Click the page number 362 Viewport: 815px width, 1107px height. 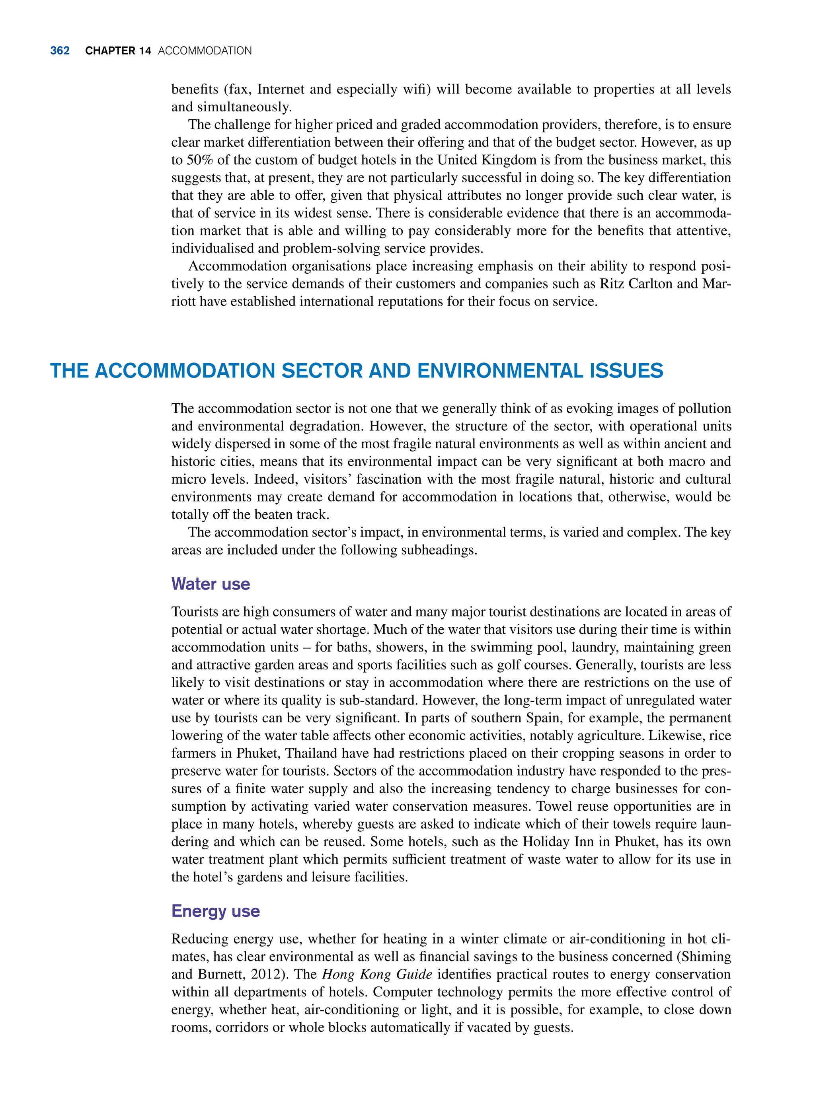pos(60,51)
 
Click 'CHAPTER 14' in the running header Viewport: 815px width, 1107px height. pos(118,51)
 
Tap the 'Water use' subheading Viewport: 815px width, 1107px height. pos(211,584)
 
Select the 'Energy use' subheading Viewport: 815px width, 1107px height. pos(216,911)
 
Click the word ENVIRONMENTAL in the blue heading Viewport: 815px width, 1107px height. pos(500,371)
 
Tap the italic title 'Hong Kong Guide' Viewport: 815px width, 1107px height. pos(377,975)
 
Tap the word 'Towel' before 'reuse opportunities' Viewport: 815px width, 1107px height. pos(554,806)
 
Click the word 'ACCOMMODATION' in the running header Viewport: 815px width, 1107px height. pos(205,51)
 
